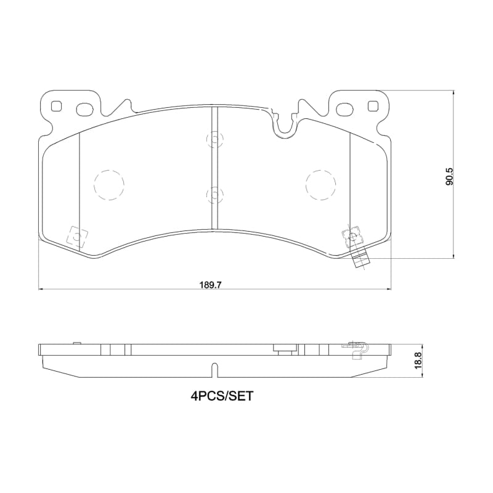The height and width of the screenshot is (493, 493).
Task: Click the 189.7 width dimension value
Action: pyautogui.click(x=210, y=285)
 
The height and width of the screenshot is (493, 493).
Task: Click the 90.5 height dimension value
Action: pyautogui.click(x=449, y=176)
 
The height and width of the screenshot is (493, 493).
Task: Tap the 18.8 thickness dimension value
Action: pyautogui.click(x=417, y=358)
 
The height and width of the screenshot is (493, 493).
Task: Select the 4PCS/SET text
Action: pyautogui.click(x=222, y=397)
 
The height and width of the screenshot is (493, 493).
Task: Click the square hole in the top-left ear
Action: pyautogui.click(x=57, y=106)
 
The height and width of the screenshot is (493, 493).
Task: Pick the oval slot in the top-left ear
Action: pyautogui.click(x=83, y=110)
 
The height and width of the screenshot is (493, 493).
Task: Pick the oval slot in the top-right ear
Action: pyautogui.click(x=345, y=110)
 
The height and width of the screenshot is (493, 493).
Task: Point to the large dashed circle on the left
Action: pyautogui.click(x=109, y=185)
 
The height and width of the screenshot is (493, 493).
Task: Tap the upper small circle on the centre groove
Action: pyautogui.click(x=213, y=140)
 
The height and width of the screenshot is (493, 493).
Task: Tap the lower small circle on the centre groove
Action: pyautogui.click(x=213, y=195)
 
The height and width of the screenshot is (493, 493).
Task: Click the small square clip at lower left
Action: pyautogui.click(x=76, y=236)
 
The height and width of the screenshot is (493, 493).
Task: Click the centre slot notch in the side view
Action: pyautogui.click(x=214, y=369)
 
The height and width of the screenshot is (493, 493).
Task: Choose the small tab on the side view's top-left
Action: pyautogui.click(x=77, y=343)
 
